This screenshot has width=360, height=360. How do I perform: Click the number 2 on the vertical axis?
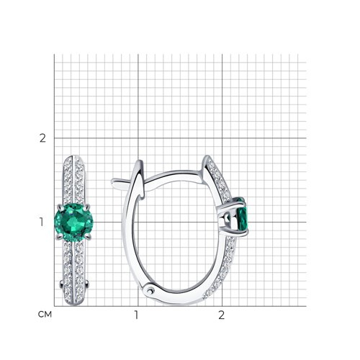click(x=42, y=138)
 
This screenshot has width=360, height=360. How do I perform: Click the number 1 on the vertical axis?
click(x=42, y=222)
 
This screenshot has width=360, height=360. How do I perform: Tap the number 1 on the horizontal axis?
click(x=136, y=315)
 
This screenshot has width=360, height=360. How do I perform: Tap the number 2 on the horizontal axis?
click(x=221, y=315)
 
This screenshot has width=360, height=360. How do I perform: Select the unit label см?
click(x=45, y=315)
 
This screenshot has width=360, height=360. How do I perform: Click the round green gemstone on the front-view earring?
click(x=73, y=222)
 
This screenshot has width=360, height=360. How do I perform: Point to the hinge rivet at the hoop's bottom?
click(x=150, y=291)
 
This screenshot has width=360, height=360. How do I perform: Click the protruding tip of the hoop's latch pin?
click(x=113, y=182)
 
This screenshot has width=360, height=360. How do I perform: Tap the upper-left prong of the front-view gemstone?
click(x=60, y=207)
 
